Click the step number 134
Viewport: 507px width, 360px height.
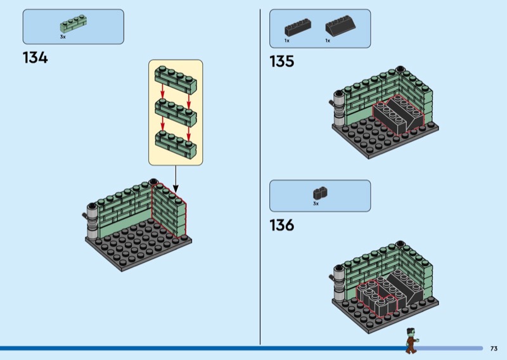tap(35, 58)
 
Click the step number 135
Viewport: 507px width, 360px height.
tap(282, 61)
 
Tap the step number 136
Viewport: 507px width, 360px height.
tap(282, 225)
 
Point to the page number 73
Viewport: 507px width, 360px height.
tap(494, 349)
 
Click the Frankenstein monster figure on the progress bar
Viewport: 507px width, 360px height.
tap(413, 340)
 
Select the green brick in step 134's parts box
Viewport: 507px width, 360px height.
tap(74, 23)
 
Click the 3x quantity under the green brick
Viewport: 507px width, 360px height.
tap(63, 37)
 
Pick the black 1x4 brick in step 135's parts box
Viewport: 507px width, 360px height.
tap(298, 27)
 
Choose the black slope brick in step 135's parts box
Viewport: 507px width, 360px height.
tap(341, 25)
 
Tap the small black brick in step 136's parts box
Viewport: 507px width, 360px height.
tap(320, 193)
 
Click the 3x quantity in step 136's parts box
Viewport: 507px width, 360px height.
tap(316, 203)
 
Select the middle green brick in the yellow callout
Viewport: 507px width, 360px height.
tap(176, 113)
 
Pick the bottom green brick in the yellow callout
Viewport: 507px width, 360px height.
tap(176, 145)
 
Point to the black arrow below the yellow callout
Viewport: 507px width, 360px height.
tap(176, 179)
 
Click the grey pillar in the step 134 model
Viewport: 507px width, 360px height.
tap(92, 221)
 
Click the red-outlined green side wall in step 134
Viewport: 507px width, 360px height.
tap(169, 210)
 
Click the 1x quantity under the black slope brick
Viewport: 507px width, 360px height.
tap(328, 41)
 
